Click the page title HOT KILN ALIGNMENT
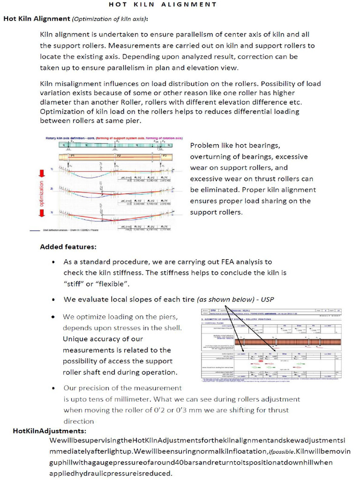point(163,5)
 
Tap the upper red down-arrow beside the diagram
point(42,172)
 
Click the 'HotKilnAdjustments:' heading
point(49,431)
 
